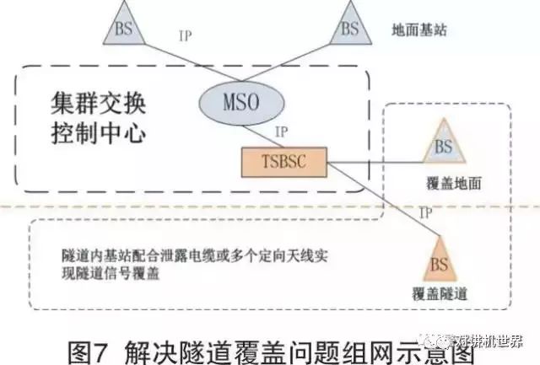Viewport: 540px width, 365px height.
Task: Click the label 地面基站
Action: (x=419, y=30)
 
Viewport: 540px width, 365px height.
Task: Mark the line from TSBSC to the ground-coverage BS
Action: (x=371, y=160)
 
